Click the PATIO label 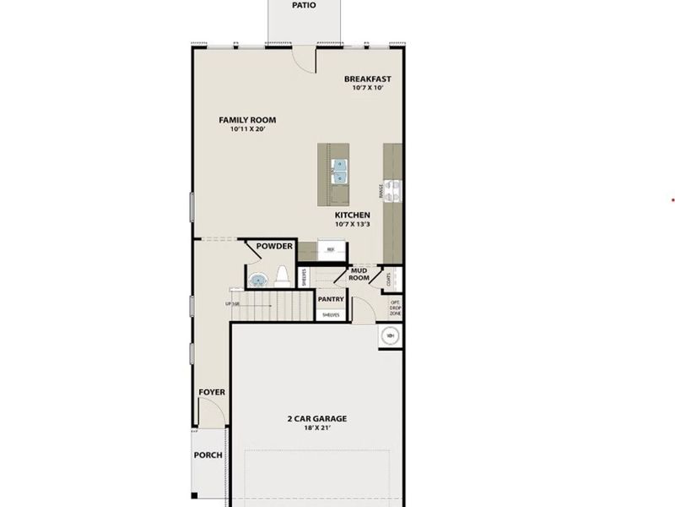pyautogui.click(x=304, y=4)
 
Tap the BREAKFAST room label pyautogui.click(x=367, y=79)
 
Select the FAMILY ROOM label pyautogui.click(x=247, y=120)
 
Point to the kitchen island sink pyautogui.click(x=339, y=172)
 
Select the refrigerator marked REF pyautogui.click(x=332, y=251)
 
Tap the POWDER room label pyautogui.click(x=274, y=247)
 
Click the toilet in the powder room pyautogui.click(x=282, y=275)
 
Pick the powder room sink pyautogui.click(x=259, y=279)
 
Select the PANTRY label pyautogui.click(x=330, y=299)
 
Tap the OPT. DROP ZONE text pyautogui.click(x=395, y=308)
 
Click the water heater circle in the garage pyautogui.click(x=390, y=335)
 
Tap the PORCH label pyautogui.click(x=208, y=455)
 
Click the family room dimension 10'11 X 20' pyautogui.click(x=246, y=130)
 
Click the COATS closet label pyautogui.click(x=387, y=277)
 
